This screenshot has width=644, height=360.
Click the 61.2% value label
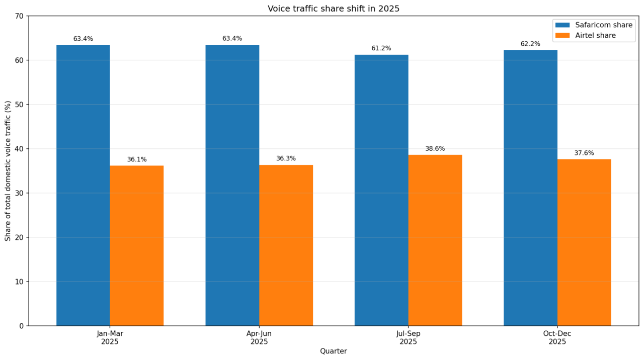click(x=381, y=48)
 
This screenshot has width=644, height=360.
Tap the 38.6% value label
click(x=435, y=149)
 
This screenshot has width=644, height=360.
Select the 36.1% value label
click(x=137, y=159)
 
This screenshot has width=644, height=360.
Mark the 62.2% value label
click(x=530, y=44)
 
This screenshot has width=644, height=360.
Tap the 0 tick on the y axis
click(x=22, y=326)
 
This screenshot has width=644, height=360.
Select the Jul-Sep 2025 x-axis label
click(x=408, y=338)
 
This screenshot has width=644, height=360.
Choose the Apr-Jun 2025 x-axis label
click(x=259, y=338)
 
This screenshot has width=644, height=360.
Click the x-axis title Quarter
click(x=333, y=351)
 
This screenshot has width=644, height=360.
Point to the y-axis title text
click(x=8, y=171)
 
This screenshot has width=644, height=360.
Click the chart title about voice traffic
click(x=333, y=9)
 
